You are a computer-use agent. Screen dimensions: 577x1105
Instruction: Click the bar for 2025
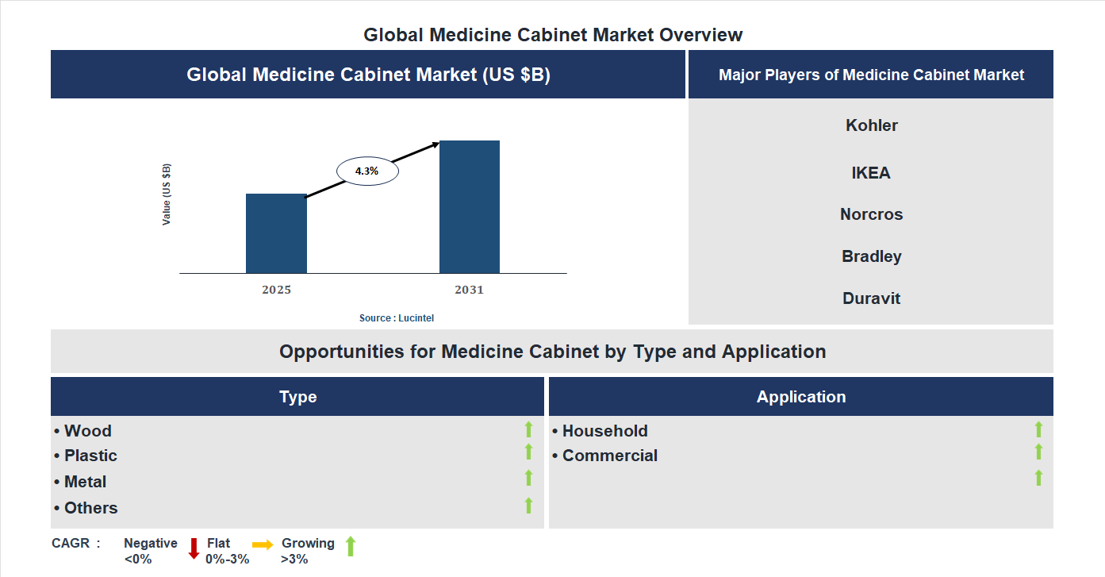[276, 233]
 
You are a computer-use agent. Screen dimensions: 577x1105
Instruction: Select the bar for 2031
[470, 207]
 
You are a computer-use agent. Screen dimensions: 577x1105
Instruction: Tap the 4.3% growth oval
[367, 171]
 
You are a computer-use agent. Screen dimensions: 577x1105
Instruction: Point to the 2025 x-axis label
[276, 290]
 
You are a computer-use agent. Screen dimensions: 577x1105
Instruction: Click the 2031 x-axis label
[469, 290]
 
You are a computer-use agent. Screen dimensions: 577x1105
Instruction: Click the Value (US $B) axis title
[167, 194]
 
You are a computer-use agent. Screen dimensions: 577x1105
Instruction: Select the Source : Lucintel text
[397, 318]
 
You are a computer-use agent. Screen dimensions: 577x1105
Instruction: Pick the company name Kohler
[872, 125]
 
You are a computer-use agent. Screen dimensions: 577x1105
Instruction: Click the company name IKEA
[871, 173]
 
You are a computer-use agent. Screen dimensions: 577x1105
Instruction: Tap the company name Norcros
[871, 214]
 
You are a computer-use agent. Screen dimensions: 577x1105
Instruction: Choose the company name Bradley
[871, 256]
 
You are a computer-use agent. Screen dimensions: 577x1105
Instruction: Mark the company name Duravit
[871, 298]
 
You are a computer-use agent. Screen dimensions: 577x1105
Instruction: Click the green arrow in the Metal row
[528, 478]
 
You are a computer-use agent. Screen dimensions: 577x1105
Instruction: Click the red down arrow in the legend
[194, 548]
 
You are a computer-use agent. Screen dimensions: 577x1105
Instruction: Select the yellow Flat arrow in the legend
[263, 544]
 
